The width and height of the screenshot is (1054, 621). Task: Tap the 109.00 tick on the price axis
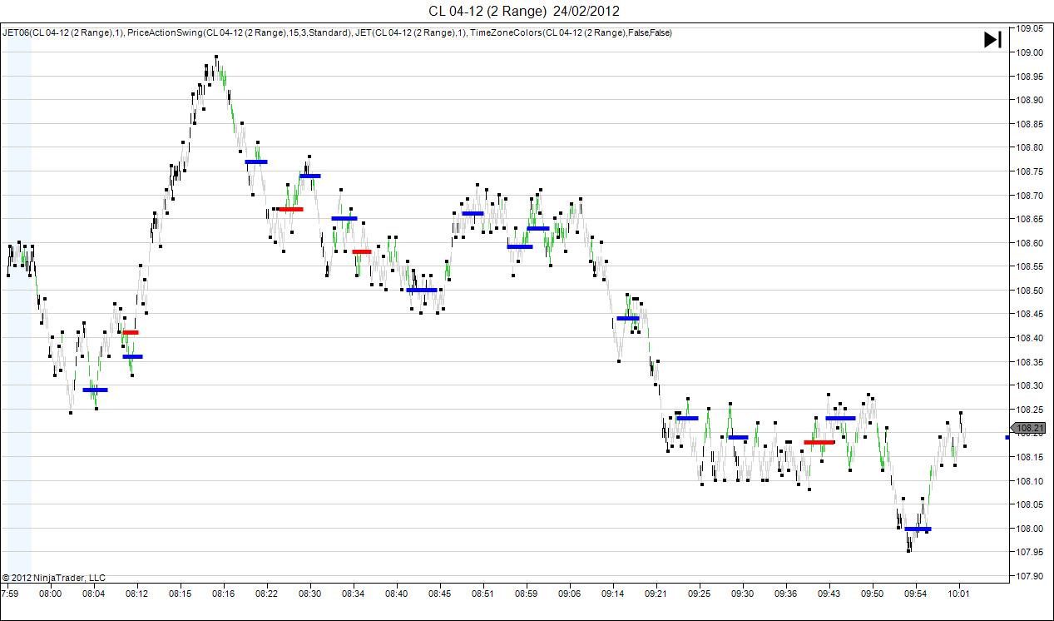1030,52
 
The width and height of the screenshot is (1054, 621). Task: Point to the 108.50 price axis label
1030,291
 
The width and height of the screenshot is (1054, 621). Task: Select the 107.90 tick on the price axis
1030,576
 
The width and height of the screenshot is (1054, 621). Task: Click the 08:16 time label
223,594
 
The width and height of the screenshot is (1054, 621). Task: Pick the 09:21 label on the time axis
656,594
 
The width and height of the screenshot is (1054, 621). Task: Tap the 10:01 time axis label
959,594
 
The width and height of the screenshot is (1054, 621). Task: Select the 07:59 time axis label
10,594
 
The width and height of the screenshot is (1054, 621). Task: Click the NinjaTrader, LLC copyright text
54,578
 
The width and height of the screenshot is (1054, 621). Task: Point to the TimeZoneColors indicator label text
571,32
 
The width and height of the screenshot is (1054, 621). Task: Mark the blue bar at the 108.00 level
918,529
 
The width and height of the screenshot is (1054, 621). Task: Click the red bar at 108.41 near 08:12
131,332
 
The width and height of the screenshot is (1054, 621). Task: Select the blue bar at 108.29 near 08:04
95,390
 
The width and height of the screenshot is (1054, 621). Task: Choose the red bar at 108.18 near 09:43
819,442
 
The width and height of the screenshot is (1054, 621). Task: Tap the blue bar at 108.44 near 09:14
627,318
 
